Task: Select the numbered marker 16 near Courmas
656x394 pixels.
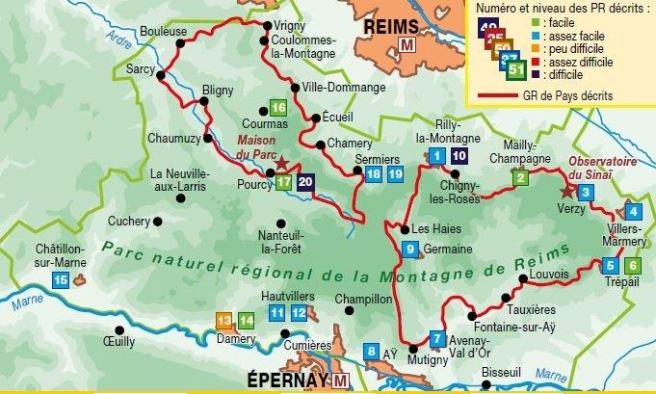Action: (x=277, y=108)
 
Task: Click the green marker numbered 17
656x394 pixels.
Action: (x=283, y=181)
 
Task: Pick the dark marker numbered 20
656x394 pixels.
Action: (x=305, y=181)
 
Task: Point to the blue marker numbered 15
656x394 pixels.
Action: (x=61, y=280)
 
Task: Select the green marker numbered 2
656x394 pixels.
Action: (x=520, y=177)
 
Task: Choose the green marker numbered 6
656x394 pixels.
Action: (x=632, y=266)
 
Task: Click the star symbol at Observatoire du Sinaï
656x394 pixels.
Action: (x=565, y=191)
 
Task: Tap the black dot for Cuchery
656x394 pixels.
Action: (x=159, y=222)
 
